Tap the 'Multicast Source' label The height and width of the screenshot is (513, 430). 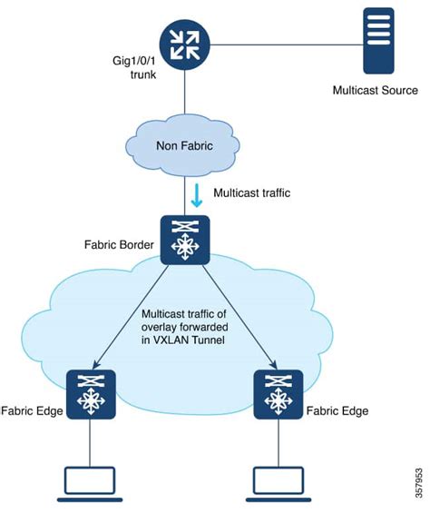(374, 90)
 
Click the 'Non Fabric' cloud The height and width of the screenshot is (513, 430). (183, 149)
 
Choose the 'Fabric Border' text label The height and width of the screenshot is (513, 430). (115, 243)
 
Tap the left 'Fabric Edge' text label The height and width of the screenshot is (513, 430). (32, 410)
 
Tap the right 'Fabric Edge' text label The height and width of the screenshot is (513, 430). (337, 410)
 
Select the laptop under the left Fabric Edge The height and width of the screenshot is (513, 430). (93, 483)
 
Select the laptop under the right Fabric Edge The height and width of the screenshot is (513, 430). (276, 483)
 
